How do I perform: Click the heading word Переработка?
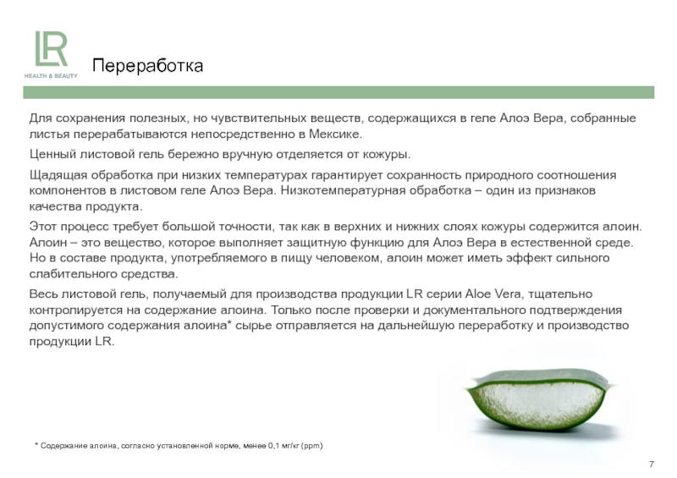coord(147,66)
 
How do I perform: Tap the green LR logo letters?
coord(51,49)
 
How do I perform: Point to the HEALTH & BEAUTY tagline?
coord(51,76)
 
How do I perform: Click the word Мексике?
coord(335,134)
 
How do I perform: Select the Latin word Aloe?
coord(478,294)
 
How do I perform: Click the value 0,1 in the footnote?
coord(274,446)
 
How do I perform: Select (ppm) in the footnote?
coord(311,446)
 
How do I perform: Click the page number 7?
coord(652,464)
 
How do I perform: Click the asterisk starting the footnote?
coord(36,444)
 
